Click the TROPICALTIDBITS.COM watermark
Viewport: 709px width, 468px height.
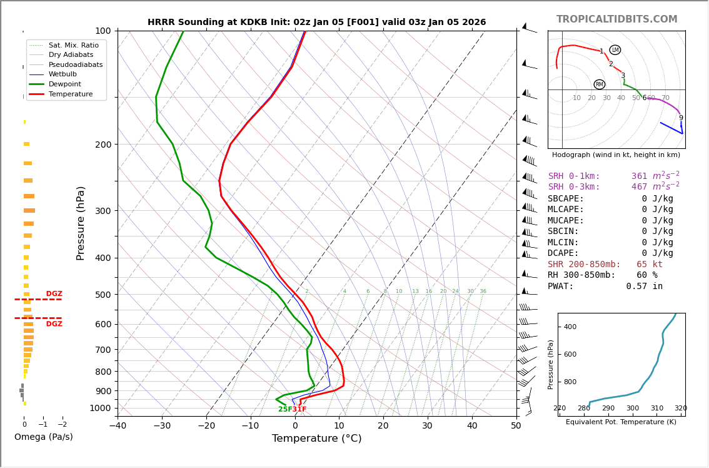click(x=616, y=19)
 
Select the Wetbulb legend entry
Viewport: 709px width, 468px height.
click(x=62, y=74)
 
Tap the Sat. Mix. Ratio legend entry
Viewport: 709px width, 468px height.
click(x=73, y=45)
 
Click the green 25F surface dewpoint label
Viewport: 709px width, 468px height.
click(x=285, y=409)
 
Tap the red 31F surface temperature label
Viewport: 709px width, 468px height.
click(x=299, y=409)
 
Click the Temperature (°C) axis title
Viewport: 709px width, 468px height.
click(x=316, y=439)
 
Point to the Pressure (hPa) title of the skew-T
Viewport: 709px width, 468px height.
click(x=81, y=223)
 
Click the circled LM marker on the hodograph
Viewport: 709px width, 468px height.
click(x=615, y=50)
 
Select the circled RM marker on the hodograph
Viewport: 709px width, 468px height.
click(x=600, y=84)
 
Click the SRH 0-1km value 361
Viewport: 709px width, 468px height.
click(x=639, y=176)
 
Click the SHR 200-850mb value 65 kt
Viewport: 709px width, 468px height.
click(x=650, y=265)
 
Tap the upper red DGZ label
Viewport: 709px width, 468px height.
click(x=54, y=294)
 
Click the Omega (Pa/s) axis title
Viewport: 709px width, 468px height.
click(x=44, y=437)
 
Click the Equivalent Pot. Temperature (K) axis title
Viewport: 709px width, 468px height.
click(x=621, y=422)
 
